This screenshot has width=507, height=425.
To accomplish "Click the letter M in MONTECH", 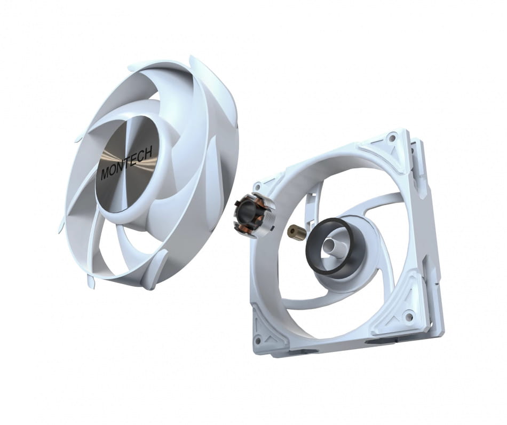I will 105,175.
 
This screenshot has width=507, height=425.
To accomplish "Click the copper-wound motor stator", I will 255,215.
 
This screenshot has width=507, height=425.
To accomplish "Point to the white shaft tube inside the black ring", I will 335,246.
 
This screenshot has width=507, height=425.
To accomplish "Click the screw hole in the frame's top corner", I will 393,138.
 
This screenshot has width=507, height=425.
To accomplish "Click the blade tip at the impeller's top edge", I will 195,61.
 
